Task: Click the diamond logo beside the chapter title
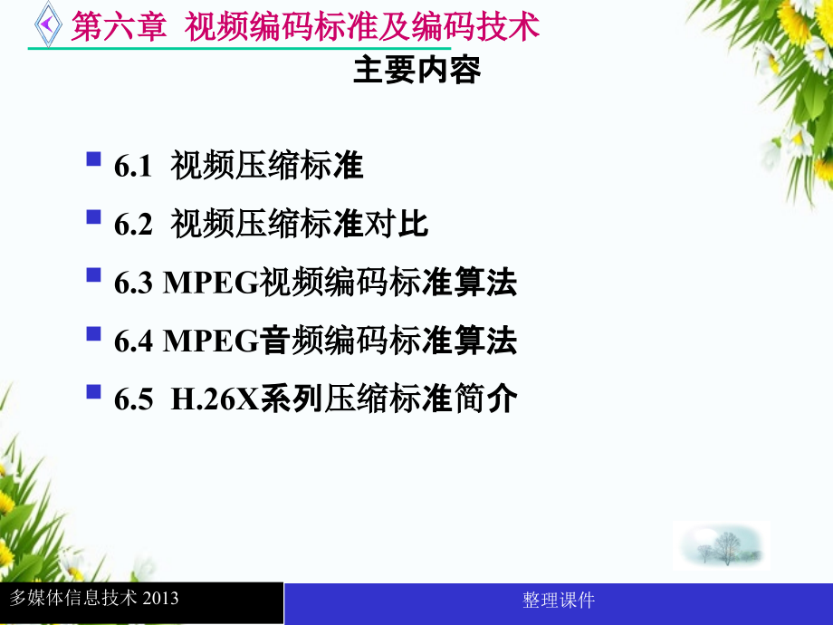(48, 24)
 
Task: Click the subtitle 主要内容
(417, 70)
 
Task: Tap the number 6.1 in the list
(133, 167)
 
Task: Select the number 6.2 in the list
(133, 225)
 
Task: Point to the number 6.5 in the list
(133, 399)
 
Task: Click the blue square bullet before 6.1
(93, 159)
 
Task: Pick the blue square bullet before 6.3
(93, 274)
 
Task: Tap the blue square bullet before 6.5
(93, 391)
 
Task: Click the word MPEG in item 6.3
(210, 283)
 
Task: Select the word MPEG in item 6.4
(210, 341)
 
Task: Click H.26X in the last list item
(215, 399)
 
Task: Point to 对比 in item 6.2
(396, 224)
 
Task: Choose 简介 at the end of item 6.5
(485, 399)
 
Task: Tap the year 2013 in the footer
(160, 599)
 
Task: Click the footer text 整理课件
(559, 601)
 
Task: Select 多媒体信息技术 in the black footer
(73, 598)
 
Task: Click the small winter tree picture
(722, 546)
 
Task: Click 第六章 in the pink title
(119, 26)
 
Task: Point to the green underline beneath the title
(239, 48)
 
